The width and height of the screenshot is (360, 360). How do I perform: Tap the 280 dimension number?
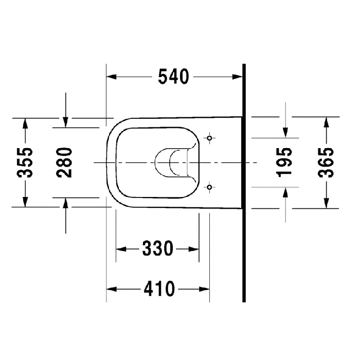(65, 162)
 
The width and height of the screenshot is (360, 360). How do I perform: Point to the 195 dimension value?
(285, 162)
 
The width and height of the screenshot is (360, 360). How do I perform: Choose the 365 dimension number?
(325, 162)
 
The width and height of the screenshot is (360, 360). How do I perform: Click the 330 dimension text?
(157, 249)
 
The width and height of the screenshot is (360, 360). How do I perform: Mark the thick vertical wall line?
(244, 206)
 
